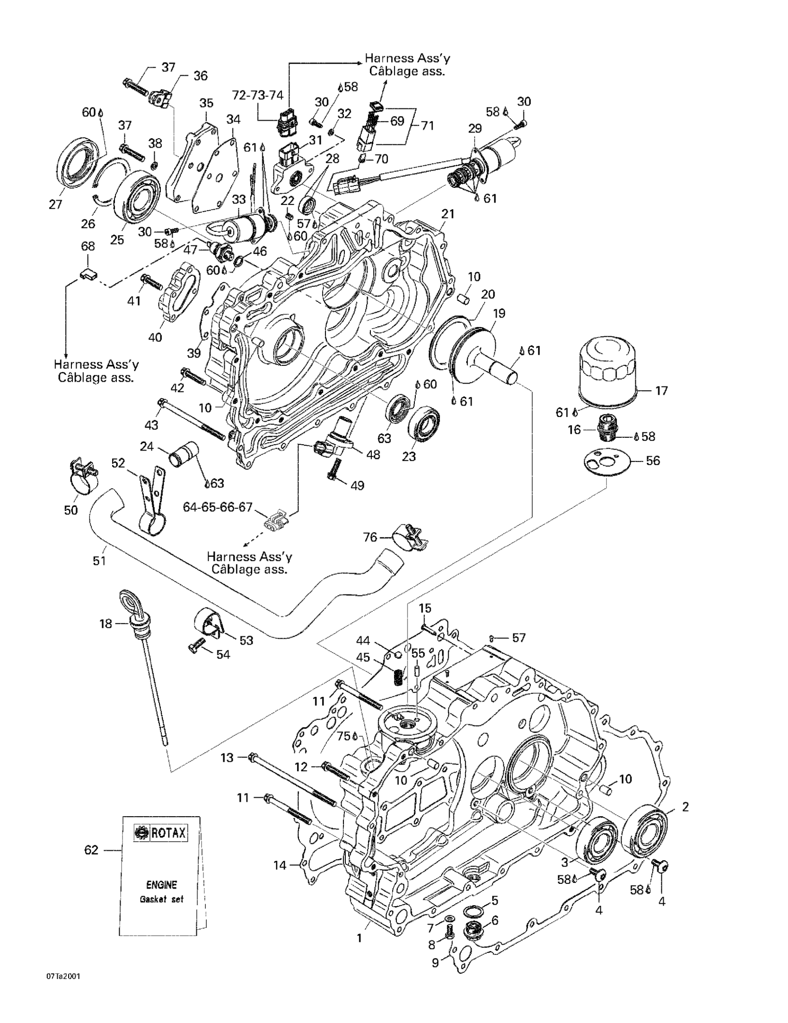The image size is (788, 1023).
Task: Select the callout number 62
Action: [x=91, y=849]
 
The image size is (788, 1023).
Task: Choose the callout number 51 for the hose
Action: [x=99, y=560]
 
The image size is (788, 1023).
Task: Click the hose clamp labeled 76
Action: [x=409, y=537]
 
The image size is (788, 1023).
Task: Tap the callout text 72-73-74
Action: [x=258, y=95]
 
